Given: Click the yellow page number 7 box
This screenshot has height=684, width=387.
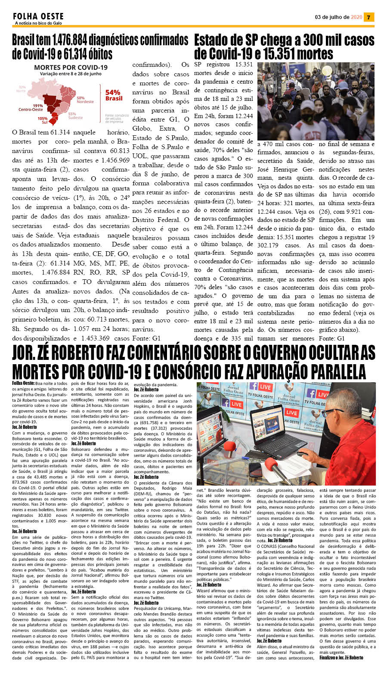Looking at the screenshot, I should [x=369, y=17].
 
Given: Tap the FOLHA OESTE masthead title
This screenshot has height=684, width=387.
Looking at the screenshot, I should [x=38, y=16].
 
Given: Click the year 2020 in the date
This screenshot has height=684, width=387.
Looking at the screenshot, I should [x=356, y=17].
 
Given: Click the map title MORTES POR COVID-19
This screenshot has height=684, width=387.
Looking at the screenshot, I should [x=71, y=68].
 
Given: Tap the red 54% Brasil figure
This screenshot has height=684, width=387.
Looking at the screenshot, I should [x=113, y=95].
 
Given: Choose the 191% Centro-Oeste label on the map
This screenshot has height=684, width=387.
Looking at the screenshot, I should [x=31, y=107].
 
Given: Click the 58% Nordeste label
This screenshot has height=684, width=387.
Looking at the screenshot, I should [x=84, y=100].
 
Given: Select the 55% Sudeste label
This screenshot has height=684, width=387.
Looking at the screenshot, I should [x=75, y=116].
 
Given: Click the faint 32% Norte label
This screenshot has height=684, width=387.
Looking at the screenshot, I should [x=21, y=89].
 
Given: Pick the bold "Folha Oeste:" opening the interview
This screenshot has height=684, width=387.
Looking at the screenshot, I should [x=23, y=383].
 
